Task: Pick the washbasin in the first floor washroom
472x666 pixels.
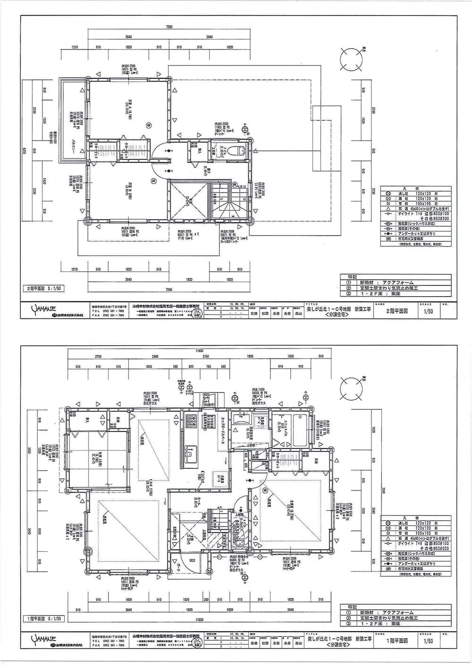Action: tap(238, 420)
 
